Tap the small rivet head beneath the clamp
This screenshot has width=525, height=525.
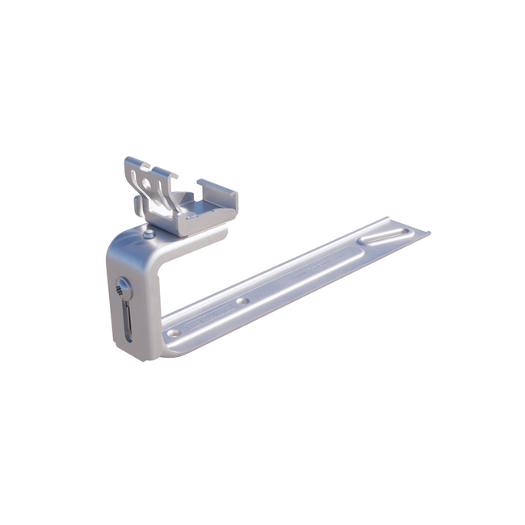pos(149,233)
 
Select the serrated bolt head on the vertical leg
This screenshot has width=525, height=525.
pos(123,286)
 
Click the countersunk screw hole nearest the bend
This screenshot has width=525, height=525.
pos(173,332)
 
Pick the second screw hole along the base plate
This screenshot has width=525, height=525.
pos(241,300)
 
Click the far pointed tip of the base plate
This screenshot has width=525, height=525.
pos(427,233)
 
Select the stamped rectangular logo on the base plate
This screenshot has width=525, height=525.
pos(199,322)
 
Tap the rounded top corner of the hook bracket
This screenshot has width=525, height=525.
pos(120,241)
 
